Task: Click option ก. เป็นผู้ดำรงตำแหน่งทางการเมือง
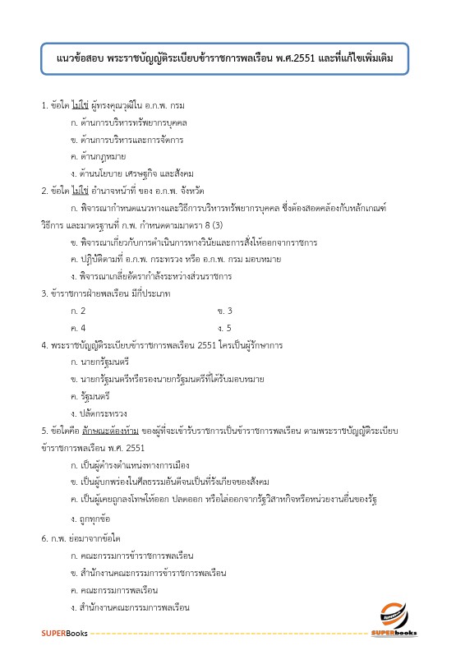click(131, 465)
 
